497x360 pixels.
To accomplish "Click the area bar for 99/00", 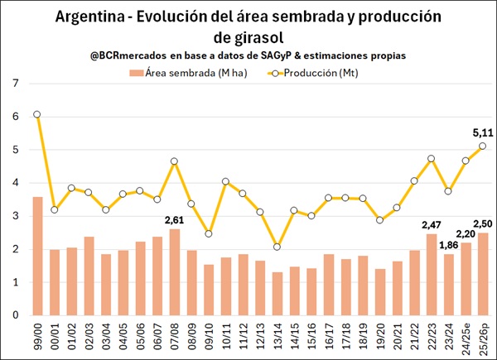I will pyautogui.click(x=37, y=256).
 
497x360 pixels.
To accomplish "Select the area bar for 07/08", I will pyautogui.click(x=175, y=272).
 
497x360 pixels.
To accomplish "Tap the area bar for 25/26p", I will pyautogui.click(x=483, y=274).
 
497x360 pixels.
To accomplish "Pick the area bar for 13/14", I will pyautogui.click(x=277, y=294).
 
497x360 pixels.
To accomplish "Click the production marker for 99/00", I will pyautogui.click(x=37, y=114).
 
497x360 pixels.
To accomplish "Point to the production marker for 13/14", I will pyautogui.click(x=277, y=247).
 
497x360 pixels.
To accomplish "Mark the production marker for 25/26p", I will pyautogui.click(x=483, y=146).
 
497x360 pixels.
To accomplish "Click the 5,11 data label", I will pyautogui.click(x=483, y=131).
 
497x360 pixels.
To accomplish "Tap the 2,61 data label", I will pyautogui.click(x=175, y=219).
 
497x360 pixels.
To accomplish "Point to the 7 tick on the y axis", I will pyautogui.click(x=16, y=84).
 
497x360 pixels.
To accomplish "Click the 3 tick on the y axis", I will pyautogui.click(x=16, y=216).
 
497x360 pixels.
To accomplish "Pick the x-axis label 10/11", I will pyautogui.click(x=226, y=336).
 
